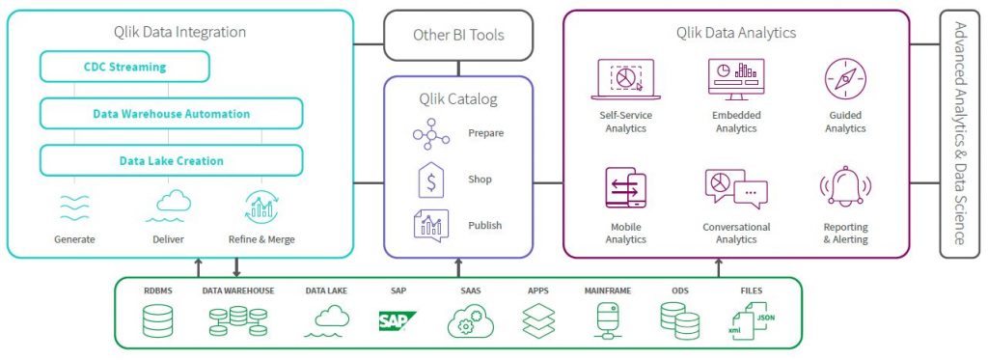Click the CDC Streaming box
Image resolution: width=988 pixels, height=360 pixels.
click(124, 68)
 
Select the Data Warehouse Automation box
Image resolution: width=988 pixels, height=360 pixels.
click(171, 114)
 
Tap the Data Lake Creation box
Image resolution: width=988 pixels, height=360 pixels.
click(171, 160)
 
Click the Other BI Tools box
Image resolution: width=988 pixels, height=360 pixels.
click(458, 35)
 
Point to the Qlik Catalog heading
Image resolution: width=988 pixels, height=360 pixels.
click(458, 97)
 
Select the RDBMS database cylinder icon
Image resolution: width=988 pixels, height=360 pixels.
click(157, 320)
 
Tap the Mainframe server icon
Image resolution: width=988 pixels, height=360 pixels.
click(608, 320)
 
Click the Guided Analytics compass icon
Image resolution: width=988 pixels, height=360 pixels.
click(844, 78)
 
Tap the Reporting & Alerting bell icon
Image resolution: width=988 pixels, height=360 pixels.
click(844, 189)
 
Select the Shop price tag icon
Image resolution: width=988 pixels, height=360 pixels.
click(430, 180)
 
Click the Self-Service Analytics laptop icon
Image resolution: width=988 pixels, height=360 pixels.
click(624, 79)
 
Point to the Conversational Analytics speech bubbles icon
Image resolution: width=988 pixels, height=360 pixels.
click(735, 189)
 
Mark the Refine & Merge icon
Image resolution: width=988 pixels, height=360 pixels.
click(261, 207)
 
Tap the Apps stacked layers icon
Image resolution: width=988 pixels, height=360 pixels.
click(537, 320)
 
